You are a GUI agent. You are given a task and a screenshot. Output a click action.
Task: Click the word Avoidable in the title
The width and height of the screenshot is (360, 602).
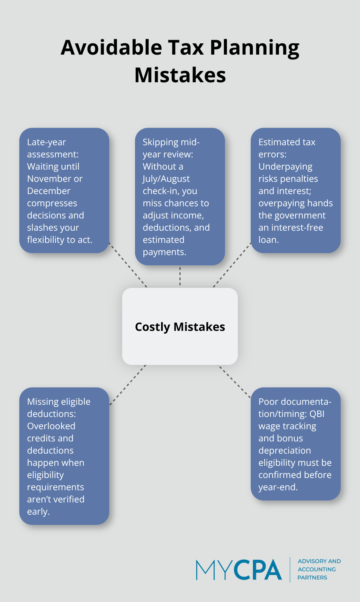pyautogui.click(x=111, y=48)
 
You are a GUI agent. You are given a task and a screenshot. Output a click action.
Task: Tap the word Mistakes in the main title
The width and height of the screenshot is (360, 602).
pyautogui.click(x=180, y=75)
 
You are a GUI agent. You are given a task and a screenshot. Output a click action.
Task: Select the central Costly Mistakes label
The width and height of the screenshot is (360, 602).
pyautogui.click(x=180, y=327)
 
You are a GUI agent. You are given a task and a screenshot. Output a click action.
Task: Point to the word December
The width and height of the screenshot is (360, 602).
pyautogui.click(x=49, y=191)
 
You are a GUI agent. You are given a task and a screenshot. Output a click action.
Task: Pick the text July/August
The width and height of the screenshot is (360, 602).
pyautogui.click(x=166, y=179)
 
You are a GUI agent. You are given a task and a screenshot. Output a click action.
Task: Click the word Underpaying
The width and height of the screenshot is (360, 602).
pyautogui.click(x=285, y=166)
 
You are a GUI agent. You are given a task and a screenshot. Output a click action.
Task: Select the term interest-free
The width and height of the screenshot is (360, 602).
pyautogui.click(x=297, y=227)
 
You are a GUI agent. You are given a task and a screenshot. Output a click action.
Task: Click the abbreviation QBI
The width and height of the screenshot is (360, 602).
pyautogui.click(x=317, y=414)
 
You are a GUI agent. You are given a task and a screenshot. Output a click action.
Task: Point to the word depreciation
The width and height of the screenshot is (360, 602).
pyautogui.click(x=284, y=450)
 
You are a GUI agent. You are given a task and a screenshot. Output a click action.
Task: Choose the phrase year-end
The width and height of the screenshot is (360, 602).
pyautogui.click(x=278, y=487)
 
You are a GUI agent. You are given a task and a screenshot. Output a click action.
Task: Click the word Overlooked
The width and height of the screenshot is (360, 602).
pyautogui.click(x=51, y=426)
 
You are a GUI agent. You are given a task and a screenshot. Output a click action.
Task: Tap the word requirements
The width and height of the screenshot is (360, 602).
pyautogui.click(x=55, y=487)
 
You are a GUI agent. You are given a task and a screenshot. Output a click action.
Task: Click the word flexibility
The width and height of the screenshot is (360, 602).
pyautogui.click(x=46, y=240)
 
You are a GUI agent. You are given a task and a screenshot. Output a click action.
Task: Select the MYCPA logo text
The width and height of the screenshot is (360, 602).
pyautogui.click(x=239, y=570)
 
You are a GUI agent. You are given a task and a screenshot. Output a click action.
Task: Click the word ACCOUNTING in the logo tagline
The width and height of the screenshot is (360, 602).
pyautogui.click(x=317, y=569)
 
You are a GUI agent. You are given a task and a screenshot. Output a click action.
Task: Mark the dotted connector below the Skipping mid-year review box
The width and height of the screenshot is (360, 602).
pyautogui.click(x=180, y=276)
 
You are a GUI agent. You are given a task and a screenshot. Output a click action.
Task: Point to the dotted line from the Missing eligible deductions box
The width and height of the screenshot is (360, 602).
pyautogui.click(x=128, y=385)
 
